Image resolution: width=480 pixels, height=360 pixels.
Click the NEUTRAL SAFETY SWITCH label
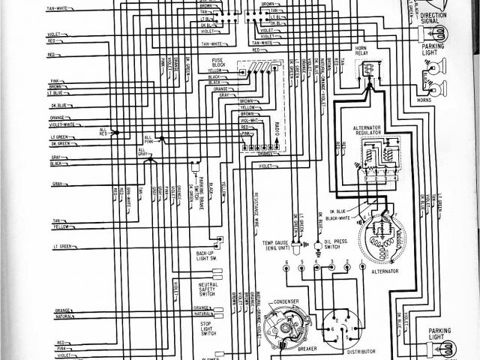pyautogui.click(x=208, y=289)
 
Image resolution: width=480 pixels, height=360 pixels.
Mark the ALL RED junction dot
pyautogui.click(x=115, y=132)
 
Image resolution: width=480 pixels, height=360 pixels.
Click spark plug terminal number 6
pyautogui.click(x=286, y=267)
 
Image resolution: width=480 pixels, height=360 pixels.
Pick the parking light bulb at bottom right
pyautogui.click(x=447, y=346)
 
